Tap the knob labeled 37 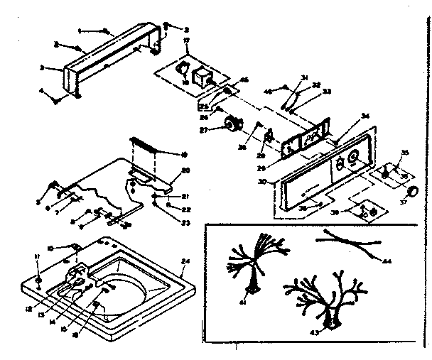click(x=411, y=191)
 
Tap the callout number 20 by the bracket click(x=186, y=171)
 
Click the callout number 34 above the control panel click(x=366, y=116)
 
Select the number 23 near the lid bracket click(x=187, y=222)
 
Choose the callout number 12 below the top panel click(x=29, y=288)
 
